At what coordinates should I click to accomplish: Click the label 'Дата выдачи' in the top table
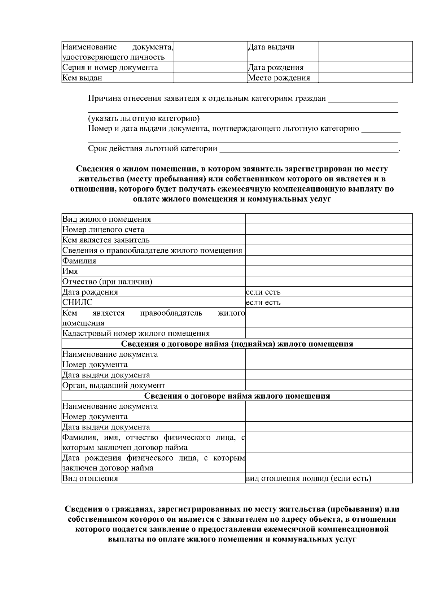pyautogui.click(x=271, y=47)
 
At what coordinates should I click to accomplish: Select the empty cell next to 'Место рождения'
pyautogui.click(x=365, y=78)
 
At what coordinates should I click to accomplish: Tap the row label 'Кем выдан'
pyautogui.click(x=82, y=78)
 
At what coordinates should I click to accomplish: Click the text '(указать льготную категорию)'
pyautogui.click(x=144, y=118)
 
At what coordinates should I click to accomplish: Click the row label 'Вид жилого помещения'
pyautogui.click(x=107, y=219)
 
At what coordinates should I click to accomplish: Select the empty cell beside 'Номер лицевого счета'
pyautogui.click(x=328, y=230)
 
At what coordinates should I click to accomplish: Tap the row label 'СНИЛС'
pyautogui.click(x=77, y=303)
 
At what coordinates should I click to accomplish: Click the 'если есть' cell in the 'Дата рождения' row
pyautogui.click(x=263, y=292)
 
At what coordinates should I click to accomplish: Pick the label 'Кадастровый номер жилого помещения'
pyautogui.click(x=136, y=333)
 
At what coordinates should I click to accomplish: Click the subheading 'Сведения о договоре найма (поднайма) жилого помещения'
pyautogui.click(x=237, y=344)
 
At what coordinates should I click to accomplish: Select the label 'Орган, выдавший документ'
pyautogui.click(x=114, y=385)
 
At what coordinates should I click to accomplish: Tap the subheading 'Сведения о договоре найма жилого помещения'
pyautogui.click(x=237, y=396)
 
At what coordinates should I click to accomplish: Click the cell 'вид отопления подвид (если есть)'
pyautogui.click(x=309, y=479)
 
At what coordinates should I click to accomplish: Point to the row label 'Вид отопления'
pyautogui.click(x=90, y=479)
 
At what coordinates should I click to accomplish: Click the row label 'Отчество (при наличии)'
pyautogui.click(x=107, y=282)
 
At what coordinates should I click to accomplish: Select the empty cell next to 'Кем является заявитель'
pyautogui.click(x=328, y=240)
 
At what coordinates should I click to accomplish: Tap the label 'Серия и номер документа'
pyautogui.click(x=110, y=68)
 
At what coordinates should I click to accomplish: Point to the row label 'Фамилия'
pyautogui.click(x=79, y=261)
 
